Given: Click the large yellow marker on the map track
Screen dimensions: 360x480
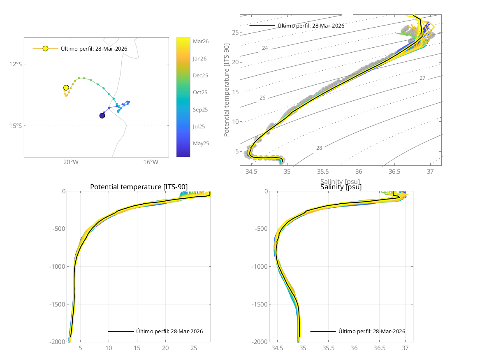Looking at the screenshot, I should pos(66,88).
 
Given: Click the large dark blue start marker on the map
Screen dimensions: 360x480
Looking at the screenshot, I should pos(102,116).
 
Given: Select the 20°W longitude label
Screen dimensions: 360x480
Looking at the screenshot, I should pos(70,162).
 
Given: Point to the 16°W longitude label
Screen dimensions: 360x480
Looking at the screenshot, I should pos(150,162).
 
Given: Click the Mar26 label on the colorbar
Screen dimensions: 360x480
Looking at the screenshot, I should pos(200,41).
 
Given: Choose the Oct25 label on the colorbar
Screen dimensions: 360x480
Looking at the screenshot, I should pos(200,92).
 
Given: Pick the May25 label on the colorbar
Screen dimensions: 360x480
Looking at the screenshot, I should pos(201,143).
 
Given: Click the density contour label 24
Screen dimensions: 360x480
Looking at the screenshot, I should pos(265,48).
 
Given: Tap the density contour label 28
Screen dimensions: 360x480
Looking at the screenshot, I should pos(319,148).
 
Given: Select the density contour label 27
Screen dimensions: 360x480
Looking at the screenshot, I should pos(422,78).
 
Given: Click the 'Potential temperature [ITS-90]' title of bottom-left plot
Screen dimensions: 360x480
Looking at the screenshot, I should pos(139,187).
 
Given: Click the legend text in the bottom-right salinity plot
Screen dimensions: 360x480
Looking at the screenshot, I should pos(372,331).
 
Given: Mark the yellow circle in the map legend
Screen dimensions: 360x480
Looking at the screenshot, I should pos(45,49).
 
